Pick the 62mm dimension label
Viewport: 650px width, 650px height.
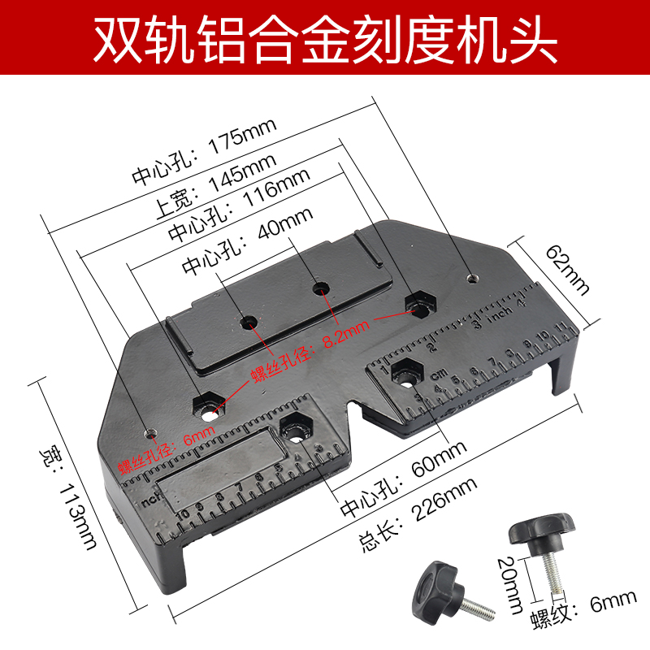point(567,269)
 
